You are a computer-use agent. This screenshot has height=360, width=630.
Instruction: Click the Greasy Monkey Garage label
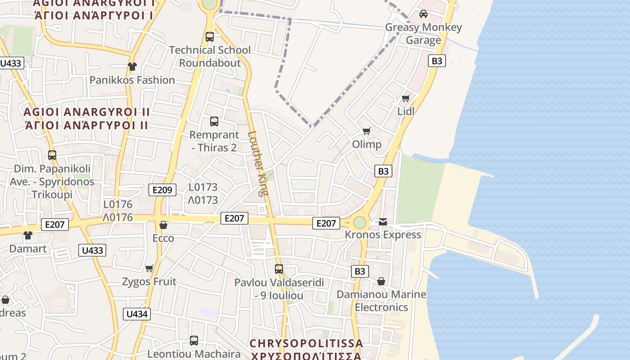(x=423, y=34)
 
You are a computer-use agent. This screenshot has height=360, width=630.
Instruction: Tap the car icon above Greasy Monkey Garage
(x=423, y=14)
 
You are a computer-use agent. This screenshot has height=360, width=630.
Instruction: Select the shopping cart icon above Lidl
(x=406, y=98)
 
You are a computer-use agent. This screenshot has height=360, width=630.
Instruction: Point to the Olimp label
(x=367, y=144)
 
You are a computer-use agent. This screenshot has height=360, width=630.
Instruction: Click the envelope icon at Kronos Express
(x=383, y=221)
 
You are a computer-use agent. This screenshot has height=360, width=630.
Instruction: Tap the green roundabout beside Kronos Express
(x=360, y=222)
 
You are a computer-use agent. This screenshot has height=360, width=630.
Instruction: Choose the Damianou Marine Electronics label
(x=381, y=301)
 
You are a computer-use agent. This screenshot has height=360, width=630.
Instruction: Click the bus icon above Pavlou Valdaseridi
(x=279, y=269)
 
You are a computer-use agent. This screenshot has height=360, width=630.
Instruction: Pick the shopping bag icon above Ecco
(x=163, y=225)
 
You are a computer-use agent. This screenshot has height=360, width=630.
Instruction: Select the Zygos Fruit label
(x=149, y=282)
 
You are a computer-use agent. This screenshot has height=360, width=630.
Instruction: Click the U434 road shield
(x=137, y=314)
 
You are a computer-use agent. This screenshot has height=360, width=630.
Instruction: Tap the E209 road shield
(x=162, y=190)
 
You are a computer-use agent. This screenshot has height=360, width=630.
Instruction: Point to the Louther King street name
(x=257, y=163)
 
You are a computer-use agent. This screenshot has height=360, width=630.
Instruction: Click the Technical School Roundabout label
(x=210, y=56)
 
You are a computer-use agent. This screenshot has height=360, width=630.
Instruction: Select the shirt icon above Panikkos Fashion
(x=132, y=67)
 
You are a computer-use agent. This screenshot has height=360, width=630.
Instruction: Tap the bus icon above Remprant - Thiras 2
(x=214, y=121)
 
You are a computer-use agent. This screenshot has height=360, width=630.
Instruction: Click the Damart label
(x=28, y=248)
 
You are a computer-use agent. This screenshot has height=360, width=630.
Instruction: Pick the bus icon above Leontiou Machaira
(x=194, y=340)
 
